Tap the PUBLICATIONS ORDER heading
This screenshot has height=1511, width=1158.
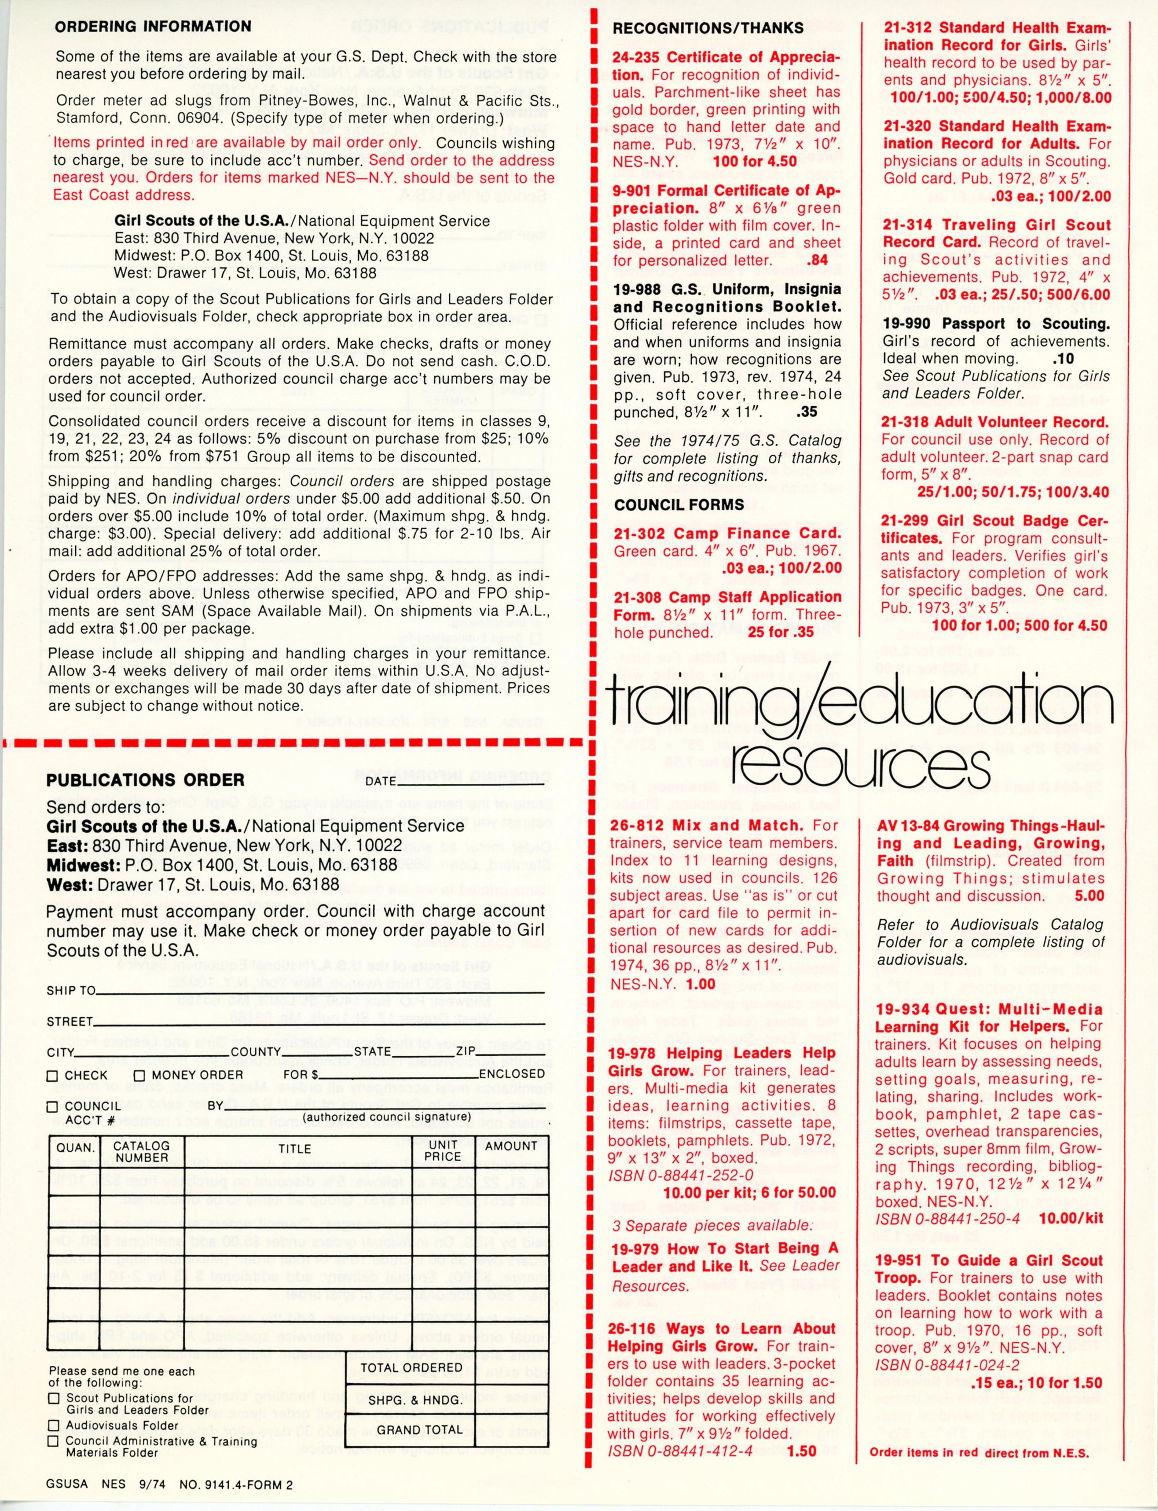tap(145, 780)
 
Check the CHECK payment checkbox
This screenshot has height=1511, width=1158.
tap(52, 1075)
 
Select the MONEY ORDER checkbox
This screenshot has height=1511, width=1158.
tap(139, 1075)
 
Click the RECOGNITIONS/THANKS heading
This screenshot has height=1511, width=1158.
tap(708, 28)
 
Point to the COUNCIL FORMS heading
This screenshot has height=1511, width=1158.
tap(679, 505)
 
